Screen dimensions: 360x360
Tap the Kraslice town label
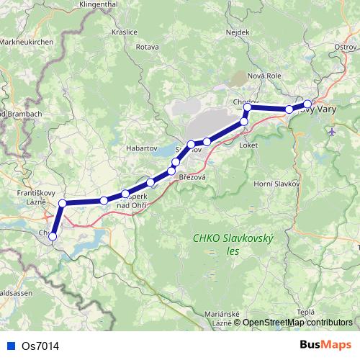(x=124, y=32)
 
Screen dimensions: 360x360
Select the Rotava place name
(x=146, y=48)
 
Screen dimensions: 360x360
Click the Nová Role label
(x=264, y=76)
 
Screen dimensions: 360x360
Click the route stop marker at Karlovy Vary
(x=307, y=104)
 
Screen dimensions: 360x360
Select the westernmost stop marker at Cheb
(x=53, y=236)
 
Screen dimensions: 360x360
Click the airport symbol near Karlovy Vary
(x=330, y=132)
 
